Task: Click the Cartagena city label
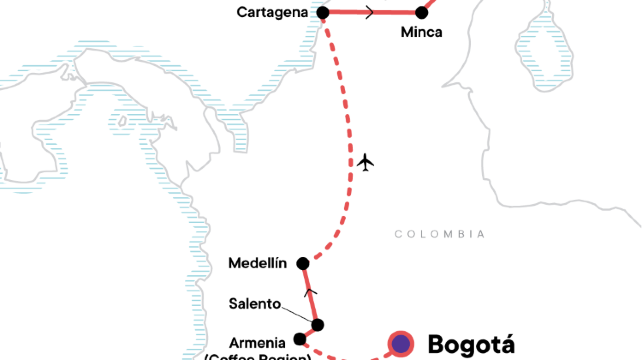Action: coord(272,13)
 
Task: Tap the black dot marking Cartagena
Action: coord(323,13)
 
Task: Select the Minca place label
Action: coord(421,32)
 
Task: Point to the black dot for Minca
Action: coord(421,14)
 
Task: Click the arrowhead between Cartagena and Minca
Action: coord(372,13)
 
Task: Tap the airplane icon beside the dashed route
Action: coord(367,161)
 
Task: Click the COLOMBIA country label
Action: coord(440,234)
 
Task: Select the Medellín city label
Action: coord(258,263)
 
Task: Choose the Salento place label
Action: coord(254,303)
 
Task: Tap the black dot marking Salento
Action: coord(317,324)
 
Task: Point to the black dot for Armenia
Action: coord(300,339)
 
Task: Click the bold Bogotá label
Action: coord(470,344)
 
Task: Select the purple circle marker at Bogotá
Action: coord(401,344)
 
